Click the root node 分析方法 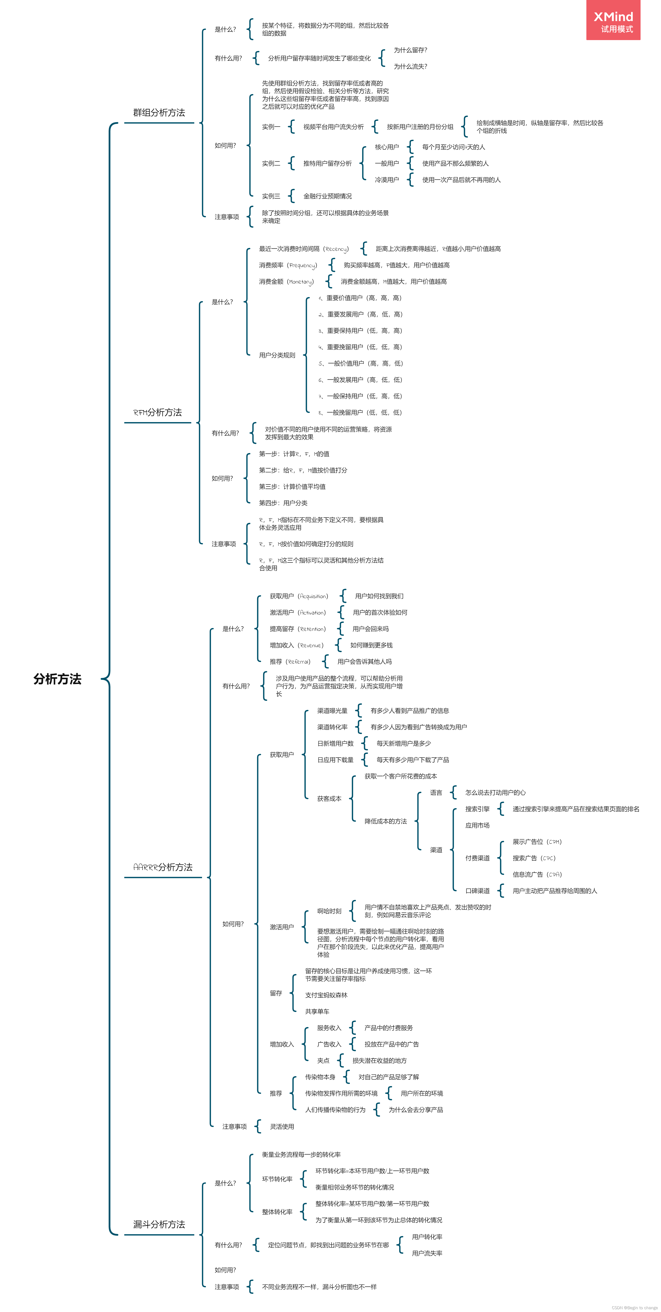click(x=57, y=679)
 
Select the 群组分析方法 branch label click(x=159, y=112)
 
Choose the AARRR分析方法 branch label click(x=162, y=867)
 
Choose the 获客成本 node click(x=329, y=799)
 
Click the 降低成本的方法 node click(x=386, y=821)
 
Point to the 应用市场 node click(x=477, y=825)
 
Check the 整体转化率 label click(x=277, y=1212)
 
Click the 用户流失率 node click(x=427, y=1253)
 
